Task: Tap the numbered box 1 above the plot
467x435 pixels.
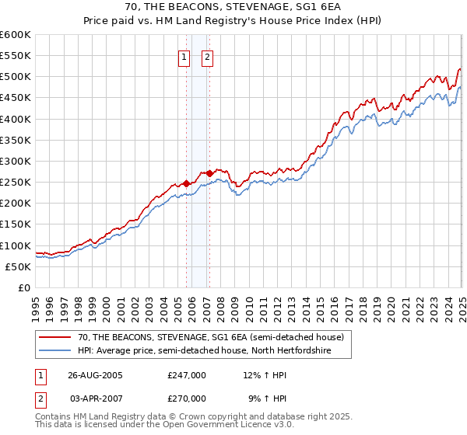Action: (184, 56)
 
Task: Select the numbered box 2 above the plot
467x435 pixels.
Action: (208, 56)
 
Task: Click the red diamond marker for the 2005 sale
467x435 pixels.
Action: (187, 183)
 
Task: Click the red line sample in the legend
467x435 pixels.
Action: (55, 337)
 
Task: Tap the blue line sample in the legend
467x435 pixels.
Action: (55, 350)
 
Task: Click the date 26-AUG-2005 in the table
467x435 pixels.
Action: (96, 374)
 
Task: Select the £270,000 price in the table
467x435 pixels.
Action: (187, 398)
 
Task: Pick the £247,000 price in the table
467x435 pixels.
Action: (187, 374)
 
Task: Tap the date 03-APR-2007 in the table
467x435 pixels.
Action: (96, 398)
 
